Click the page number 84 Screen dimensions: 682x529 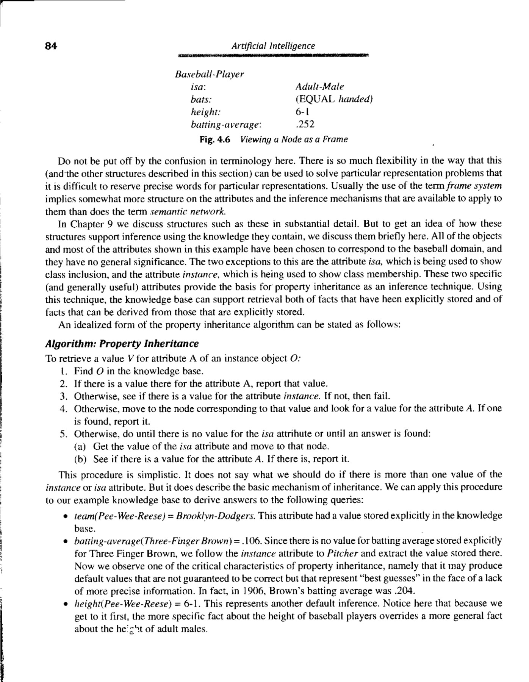pyautogui.click(x=51, y=46)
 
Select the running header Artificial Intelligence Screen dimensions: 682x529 pyautogui.click(x=273, y=46)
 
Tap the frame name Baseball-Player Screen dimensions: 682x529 pyautogui.click(x=209, y=74)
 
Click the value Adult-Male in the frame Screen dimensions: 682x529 pyautogui.click(x=319, y=86)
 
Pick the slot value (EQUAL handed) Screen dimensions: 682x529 pyautogui.click(x=334, y=99)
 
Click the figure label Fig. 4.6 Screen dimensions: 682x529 pyautogui.click(x=215, y=139)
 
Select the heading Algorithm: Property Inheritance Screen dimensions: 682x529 pyautogui.click(x=122, y=344)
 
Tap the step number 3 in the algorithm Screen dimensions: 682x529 pyautogui.click(x=63, y=396)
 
